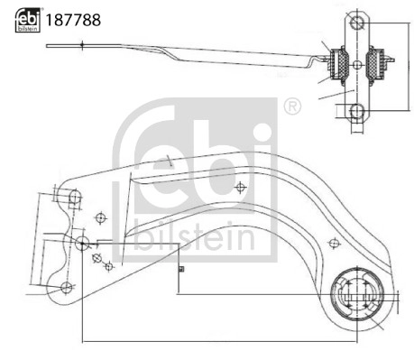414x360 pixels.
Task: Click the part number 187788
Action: point(72,18)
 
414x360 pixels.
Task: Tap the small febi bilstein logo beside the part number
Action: point(27,18)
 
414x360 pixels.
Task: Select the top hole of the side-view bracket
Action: point(358,22)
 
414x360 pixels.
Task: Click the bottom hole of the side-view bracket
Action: point(358,111)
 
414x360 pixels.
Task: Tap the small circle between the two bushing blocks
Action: point(358,64)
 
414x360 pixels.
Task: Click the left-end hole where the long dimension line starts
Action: point(82,243)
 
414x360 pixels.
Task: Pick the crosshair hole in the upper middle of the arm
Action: point(240,188)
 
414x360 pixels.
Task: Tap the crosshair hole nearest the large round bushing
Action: point(335,242)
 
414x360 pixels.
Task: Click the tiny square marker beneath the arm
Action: point(180,267)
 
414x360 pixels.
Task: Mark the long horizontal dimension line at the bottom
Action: point(216,341)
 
